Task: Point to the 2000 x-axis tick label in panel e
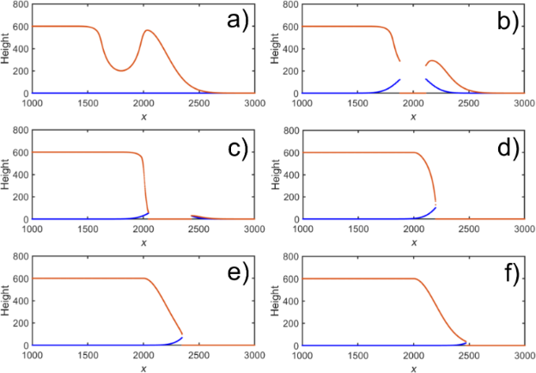click(x=143, y=355)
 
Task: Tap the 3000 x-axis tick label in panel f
click(x=524, y=355)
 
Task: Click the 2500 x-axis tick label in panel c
click(x=198, y=229)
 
